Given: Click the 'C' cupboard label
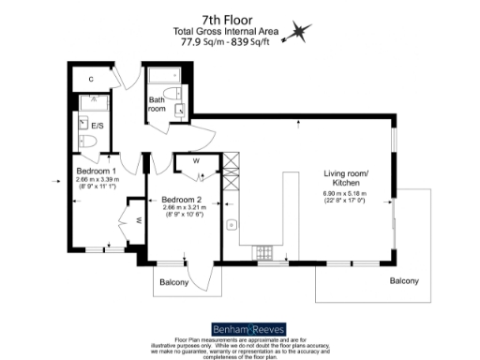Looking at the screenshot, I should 91,79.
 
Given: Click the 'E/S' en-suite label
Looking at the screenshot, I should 97,124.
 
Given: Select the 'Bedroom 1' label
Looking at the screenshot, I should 97,172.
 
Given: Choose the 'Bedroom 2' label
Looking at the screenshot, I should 183,201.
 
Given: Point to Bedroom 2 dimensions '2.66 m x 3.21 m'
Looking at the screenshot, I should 183,209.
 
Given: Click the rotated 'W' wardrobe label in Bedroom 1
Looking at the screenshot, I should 137,221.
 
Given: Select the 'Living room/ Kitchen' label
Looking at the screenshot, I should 347,177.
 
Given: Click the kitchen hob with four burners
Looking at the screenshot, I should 263,251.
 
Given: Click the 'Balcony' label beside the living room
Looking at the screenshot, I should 404,281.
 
